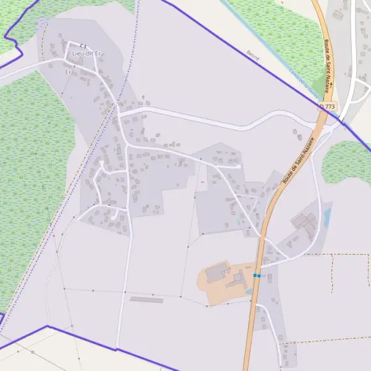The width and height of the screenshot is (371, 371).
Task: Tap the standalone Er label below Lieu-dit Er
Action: coord(68,72)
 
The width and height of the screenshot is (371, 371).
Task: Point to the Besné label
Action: coord(253,56)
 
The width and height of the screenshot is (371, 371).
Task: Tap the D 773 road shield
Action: coord(328,107)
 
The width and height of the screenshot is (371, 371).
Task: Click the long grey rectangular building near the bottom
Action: coord(147,300)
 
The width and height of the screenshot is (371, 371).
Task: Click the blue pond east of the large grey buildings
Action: coord(327,216)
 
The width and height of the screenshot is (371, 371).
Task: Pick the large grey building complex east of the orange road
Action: coord(304,224)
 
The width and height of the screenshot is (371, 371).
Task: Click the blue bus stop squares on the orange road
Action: coord(257,275)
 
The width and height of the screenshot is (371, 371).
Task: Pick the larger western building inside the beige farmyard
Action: coord(215,273)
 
